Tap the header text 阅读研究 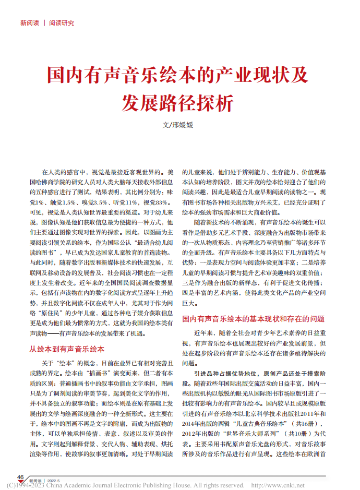tap(62, 23)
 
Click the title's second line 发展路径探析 tap(178, 103)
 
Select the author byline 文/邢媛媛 tap(178, 126)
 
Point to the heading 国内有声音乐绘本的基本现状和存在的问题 tap(253, 318)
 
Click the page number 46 tap(21, 477)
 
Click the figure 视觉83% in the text tap(156, 202)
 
